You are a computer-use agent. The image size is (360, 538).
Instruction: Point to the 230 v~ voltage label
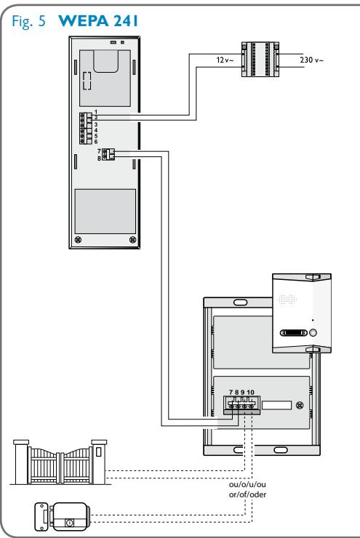pyautogui.click(x=311, y=58)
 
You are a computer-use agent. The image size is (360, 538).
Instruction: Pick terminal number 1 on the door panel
pyautogui.click(x=95, y=109)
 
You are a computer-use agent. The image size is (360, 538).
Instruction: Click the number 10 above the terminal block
pyautogui.click(x=251, y=392)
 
